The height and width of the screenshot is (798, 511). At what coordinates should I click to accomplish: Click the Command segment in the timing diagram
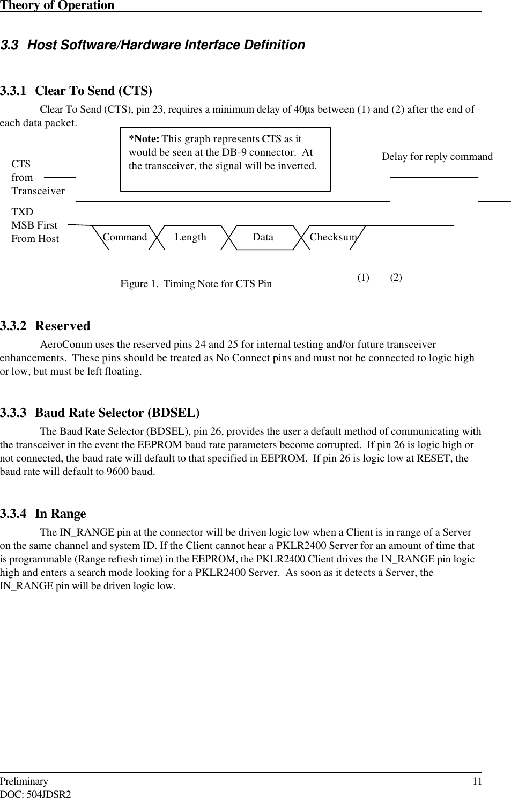pyautogui.click(x=124, y=237)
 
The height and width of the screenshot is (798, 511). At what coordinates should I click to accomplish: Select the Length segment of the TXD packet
pyautogui.click(x=190, y=237)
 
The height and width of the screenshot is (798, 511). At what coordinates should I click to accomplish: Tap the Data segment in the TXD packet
pyautogui.click(x=263, y=237)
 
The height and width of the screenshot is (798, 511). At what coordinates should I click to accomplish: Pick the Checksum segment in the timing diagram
pyautogui.click(x=333, y=237)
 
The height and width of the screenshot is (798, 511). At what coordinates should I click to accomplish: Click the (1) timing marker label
pyautogui.click(x=364, y=277)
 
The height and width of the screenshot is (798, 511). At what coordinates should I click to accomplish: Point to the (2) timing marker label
pyautogui.click(x=396, y=277)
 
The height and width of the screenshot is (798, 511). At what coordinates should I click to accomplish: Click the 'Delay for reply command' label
pyautogui.click(x=437, y=157)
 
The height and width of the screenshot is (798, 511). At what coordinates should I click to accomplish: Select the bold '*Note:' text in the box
pyautogui.click(x=144, y=139)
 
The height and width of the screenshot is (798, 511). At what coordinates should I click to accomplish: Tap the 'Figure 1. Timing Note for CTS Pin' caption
pyautogui.click(x=196, y=284)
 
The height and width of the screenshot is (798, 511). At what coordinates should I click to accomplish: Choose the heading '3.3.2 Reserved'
pyautogui.click(x=46, y=326)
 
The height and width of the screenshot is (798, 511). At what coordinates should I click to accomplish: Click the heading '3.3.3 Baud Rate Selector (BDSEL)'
pyautogui.click(x=100, y=413)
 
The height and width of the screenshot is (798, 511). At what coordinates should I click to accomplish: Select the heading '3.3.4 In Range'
pyautogui.click(x=43, y=514)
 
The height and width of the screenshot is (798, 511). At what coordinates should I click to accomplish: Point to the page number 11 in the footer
pyautogui.click(x=477, y=781)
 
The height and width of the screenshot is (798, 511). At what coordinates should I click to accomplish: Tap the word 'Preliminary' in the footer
pyautogui.click(x=24, y=781)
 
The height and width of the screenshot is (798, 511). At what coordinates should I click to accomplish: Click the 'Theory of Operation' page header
pyautogui.click(x=57, y=5)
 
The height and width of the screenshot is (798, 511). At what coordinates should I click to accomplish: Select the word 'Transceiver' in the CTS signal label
pyautogui.click(x=38, y=191)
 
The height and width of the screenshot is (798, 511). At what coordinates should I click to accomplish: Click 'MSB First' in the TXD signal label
pyautogui.click(x=34, y=225)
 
